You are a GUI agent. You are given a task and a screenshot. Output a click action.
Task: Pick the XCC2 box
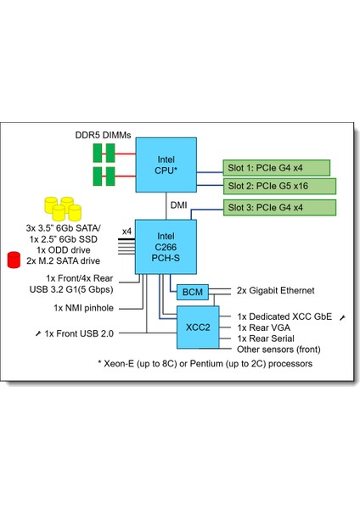pyautogui.click(x=192, y=327)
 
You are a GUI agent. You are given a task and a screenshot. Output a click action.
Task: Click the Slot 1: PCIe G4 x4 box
pyautogui.click(x=277, y=167)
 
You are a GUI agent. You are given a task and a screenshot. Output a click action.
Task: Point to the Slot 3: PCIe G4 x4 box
pyautogui.click(x=277, y=208)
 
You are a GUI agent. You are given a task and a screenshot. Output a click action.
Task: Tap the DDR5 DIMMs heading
pyautogui.click(x=104, y=136)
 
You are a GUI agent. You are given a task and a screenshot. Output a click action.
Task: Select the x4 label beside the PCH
pyautogui.click(x=127, y=231)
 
